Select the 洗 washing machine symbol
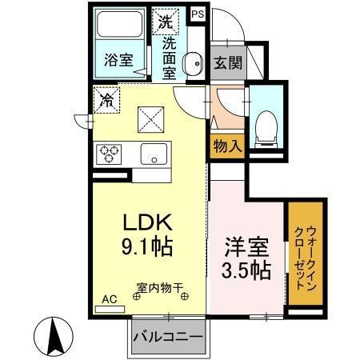click(166, 19)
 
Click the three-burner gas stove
click(110, 153)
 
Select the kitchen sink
click(152, 153)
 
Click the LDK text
click(144, 219)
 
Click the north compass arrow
click(55, 335)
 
